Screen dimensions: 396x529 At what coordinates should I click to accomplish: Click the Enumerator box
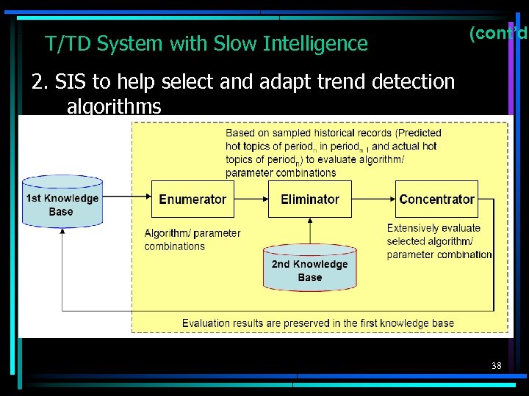pyautogui.click(x=192, y=199)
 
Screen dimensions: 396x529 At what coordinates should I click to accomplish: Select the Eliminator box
pyautogui.click(x=310, y=199)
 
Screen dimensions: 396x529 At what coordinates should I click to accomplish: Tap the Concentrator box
pyautogui.click(x=436, y=199)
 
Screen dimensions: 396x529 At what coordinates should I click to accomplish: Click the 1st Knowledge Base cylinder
pyautogui.click(x=62, y=202)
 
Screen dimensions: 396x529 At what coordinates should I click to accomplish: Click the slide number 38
pyautogui.click(x=497, y=364)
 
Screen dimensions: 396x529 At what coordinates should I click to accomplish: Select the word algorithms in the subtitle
pyautogui.click(x=114, y=107)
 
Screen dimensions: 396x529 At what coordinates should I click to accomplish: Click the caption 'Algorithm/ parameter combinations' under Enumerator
pyautogui.click(x=192, y=240)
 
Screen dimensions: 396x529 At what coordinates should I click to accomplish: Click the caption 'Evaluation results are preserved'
pyautogui.click(x=317, y=323)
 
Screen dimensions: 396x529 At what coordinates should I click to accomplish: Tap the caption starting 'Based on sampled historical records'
pyautogui.click(x=333, y=153)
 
